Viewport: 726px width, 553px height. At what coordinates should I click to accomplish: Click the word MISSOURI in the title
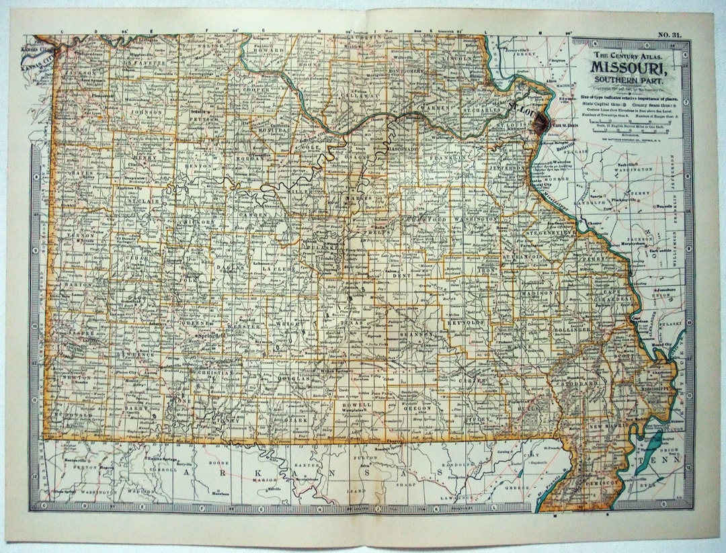(x=629, y=67)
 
